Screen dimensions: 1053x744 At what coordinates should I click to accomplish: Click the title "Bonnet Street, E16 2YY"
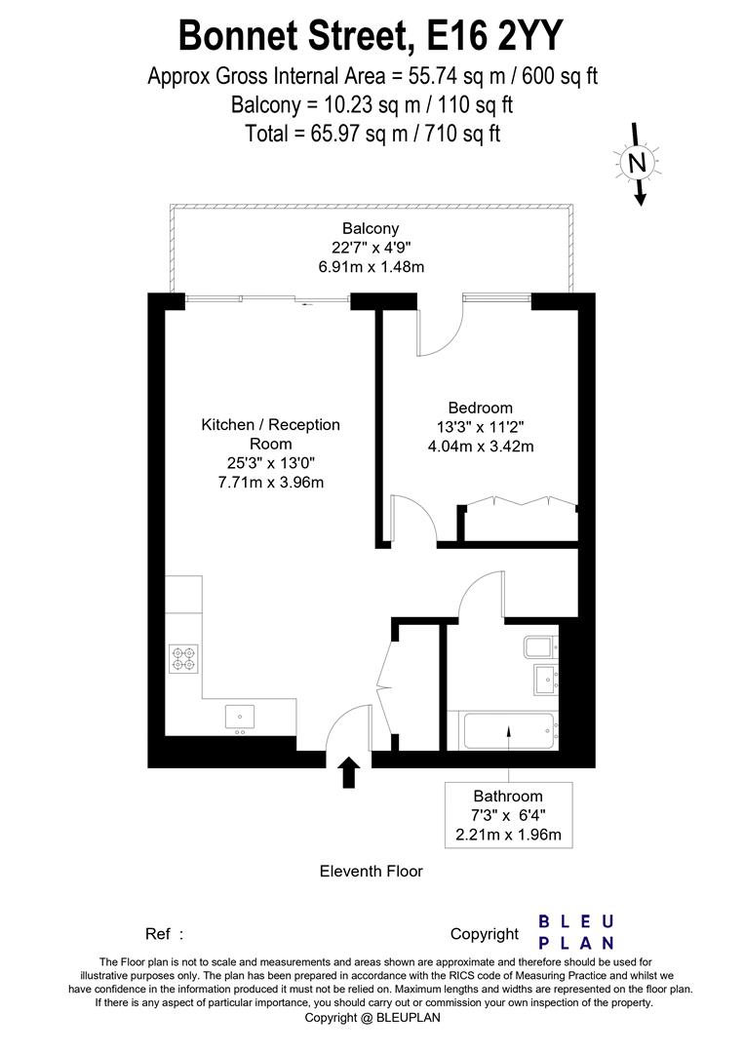coord(371,36)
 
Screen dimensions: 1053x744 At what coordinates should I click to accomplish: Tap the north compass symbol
coord(638,163)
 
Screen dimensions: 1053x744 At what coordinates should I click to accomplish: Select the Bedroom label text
coord(480,408)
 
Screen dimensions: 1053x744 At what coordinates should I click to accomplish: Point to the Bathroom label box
coord(507,816)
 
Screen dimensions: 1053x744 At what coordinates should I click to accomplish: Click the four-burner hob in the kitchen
coord(183,659)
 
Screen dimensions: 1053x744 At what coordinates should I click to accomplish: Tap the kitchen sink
coord(240,717)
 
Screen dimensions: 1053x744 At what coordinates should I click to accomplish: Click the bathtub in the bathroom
coord(507,730)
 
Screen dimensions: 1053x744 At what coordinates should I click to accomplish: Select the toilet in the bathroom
coord(539,646)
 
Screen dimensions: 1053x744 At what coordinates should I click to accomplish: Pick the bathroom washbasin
coord(545,679)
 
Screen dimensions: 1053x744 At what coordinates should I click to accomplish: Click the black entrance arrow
coord(348,773)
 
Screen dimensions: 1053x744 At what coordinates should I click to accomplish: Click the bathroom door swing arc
coord(480,595)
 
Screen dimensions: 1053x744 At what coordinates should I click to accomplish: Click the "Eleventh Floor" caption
coord(372,871)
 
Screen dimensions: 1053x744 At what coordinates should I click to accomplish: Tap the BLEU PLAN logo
coord(577,931)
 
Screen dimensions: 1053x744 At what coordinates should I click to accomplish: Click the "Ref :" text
coord(165,934)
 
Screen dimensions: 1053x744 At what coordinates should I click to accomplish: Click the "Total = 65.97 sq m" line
coord(372,134)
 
